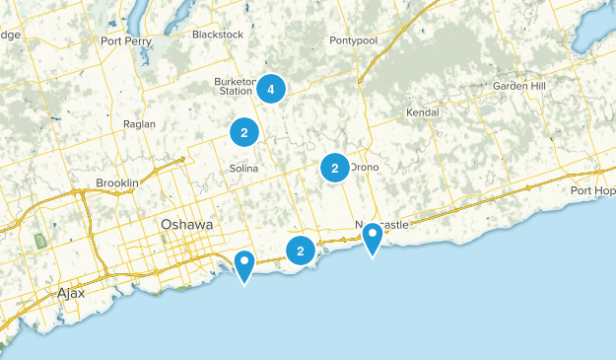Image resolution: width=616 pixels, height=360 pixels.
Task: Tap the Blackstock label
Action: click(x=217, y=34)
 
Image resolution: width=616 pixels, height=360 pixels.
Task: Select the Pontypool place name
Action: click(x=354, y=41)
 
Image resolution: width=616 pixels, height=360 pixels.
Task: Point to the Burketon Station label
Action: click(x=236, y=87)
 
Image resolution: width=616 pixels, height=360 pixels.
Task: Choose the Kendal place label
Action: click(x=422, y=112)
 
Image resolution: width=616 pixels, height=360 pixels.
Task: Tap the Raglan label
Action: click(x=139, y=124)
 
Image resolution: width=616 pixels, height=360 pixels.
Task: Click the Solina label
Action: click(x=243, y=169)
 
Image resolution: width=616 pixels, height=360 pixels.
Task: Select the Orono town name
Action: click(x=363, y=168)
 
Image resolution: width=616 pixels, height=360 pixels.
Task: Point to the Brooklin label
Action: click(x=117, y=183)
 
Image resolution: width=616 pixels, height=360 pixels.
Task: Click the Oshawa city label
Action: click(x=186, y=225)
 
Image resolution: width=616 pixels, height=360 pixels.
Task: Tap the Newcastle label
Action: click(x=381, y=225)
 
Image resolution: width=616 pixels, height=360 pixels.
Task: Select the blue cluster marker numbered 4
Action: click(x=270, y=90)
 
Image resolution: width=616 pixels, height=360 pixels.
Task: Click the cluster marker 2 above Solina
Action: click(x=243, y=131)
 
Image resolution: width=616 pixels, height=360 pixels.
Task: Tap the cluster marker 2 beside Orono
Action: click(x=335, y=169)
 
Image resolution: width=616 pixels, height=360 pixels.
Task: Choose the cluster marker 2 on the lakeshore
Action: click(x=301, y=252)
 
